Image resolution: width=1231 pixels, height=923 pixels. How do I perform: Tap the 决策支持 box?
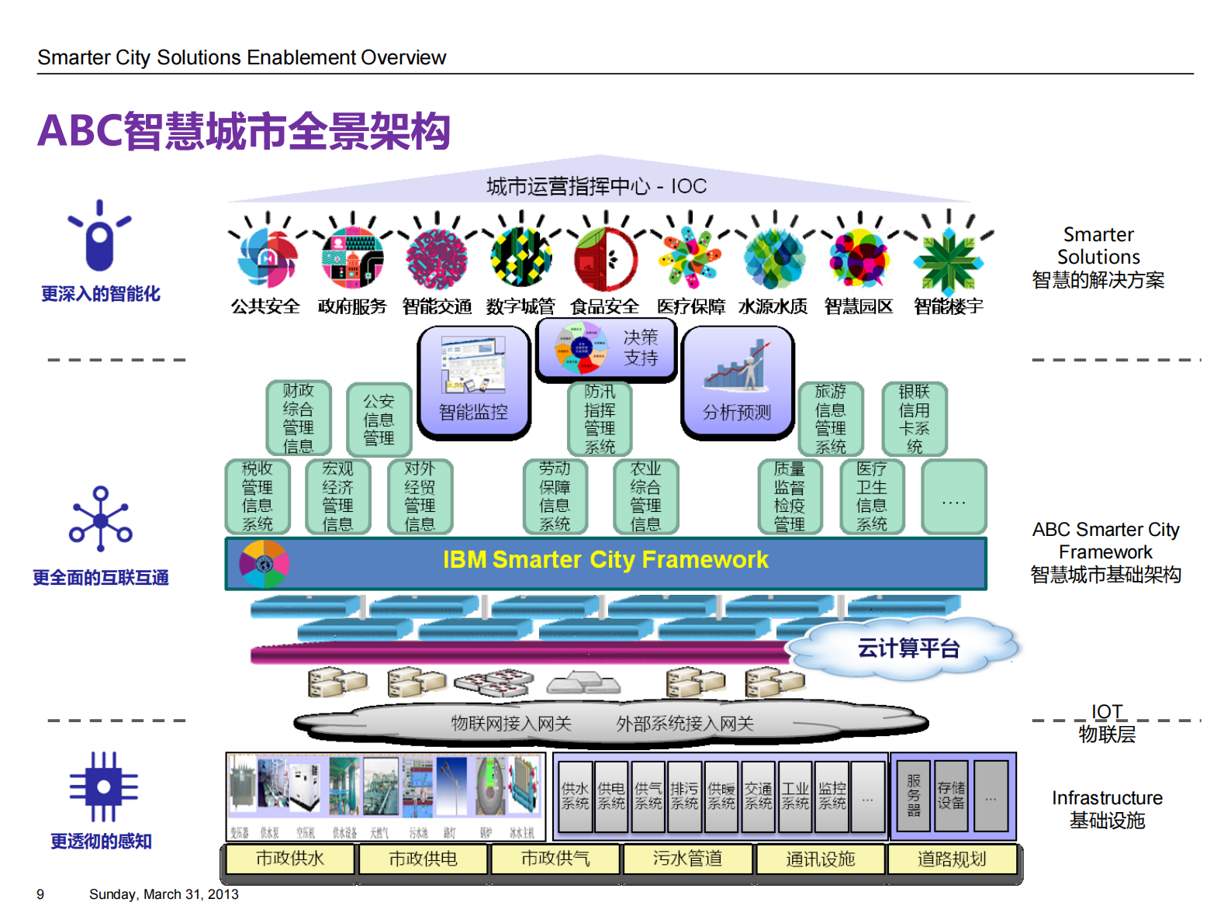(607, 349)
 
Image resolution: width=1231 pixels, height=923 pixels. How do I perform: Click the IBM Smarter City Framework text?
(605, 560)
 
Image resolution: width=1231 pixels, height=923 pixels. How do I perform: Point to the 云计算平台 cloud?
(908, 648)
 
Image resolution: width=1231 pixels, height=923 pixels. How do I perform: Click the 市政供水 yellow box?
(290, 859)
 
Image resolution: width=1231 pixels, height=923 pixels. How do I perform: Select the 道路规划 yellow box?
(952, 859)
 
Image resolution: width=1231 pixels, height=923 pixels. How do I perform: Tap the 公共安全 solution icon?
(267, 258)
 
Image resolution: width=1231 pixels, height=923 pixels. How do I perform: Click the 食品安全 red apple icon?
(605, 258)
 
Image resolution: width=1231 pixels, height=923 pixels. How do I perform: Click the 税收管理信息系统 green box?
(258, 496)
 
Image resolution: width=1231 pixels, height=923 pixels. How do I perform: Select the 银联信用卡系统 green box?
(915, 419)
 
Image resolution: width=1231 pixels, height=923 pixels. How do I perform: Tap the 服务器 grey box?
(913, 796)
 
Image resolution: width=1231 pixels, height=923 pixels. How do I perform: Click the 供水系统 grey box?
(575, 796)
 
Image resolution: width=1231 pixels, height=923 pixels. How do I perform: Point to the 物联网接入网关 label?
(511, 724)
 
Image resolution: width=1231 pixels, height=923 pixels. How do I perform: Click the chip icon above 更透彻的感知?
(103, 786)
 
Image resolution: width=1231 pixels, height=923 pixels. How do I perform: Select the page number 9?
(40, 895)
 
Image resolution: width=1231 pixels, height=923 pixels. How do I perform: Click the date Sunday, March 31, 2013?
(164, 895)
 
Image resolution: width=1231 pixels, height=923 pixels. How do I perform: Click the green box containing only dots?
(953, 496)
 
